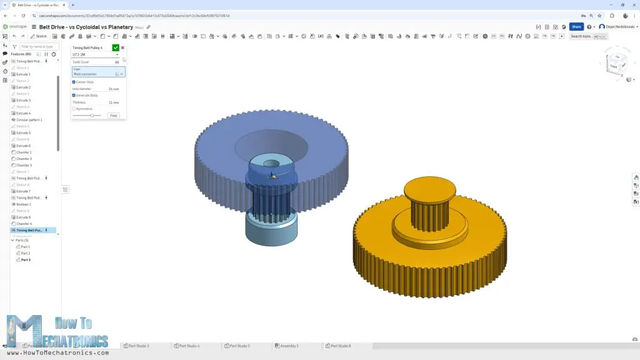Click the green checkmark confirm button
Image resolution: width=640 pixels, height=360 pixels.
[116, 47]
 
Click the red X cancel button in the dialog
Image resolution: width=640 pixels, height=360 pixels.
[122, 47]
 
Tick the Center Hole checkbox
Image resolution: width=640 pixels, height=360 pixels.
[74, 82]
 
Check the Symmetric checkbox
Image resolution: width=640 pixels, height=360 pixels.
[74, 109]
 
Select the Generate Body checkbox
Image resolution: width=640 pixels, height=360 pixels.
[74, 95]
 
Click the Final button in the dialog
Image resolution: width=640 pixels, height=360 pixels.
[113, 116]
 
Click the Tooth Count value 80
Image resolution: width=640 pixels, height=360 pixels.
[116, 62]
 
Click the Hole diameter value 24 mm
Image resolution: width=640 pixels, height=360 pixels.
[113, 89]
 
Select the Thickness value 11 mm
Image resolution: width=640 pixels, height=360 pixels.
[114, 102]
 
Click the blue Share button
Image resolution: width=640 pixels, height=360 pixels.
[576, 27]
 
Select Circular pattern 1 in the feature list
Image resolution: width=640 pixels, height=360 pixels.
[29, 119]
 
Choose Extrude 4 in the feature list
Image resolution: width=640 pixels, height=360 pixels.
[23, 113]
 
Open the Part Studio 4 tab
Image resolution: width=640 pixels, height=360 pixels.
[189, 346]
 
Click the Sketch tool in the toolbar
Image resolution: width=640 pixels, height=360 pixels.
[39, 36]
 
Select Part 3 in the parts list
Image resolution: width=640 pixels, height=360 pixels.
[25, 259]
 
